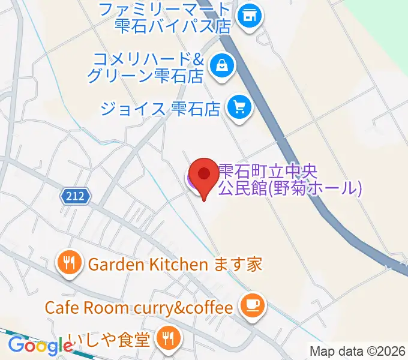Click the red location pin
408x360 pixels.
tap(204, 176)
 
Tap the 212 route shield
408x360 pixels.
tap(75, 195)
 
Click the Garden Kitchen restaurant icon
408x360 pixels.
tap(70, 263)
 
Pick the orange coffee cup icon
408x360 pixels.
tap(250, 307)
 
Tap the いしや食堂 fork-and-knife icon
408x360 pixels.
tap(165, 340)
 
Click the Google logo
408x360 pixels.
tap(40, 345)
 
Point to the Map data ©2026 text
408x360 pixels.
tap(358, 350)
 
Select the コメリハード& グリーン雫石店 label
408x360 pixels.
tap(147, 68)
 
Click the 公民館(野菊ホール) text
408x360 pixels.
tap(290, 189)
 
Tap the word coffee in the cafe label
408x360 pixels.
tap(209, 308)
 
